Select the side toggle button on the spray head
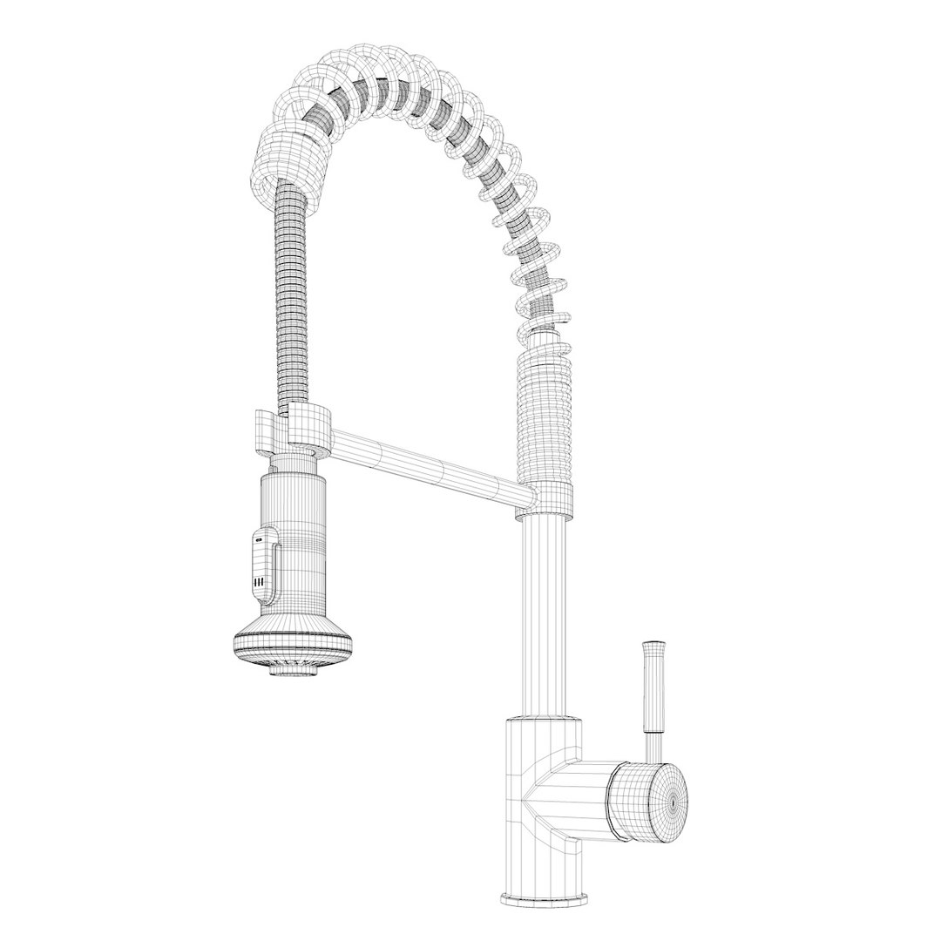coord(263,565)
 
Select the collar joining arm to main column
coord(547,498)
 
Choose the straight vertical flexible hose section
coord(291,296)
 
